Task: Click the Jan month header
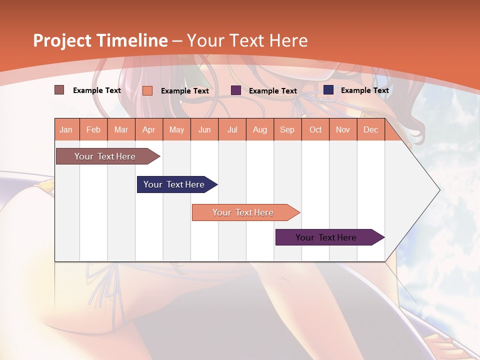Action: [x=66, y=130]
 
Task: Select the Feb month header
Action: [x=93, y=130]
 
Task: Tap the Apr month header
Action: [x=148, y=130]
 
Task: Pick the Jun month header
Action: [x=204, y=130]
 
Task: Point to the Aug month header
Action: [x=260, y=130]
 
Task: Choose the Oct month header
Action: [x=315, y=130]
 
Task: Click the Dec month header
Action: [x=370, y=130]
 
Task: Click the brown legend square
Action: [x=59, y=90]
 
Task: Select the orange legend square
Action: [x=147, y=90]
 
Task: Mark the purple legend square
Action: [x=236, y=90]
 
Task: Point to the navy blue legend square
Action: [x=328, y=90]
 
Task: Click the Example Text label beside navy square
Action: [x=364, y=90]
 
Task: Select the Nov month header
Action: [x=343, y=130]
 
